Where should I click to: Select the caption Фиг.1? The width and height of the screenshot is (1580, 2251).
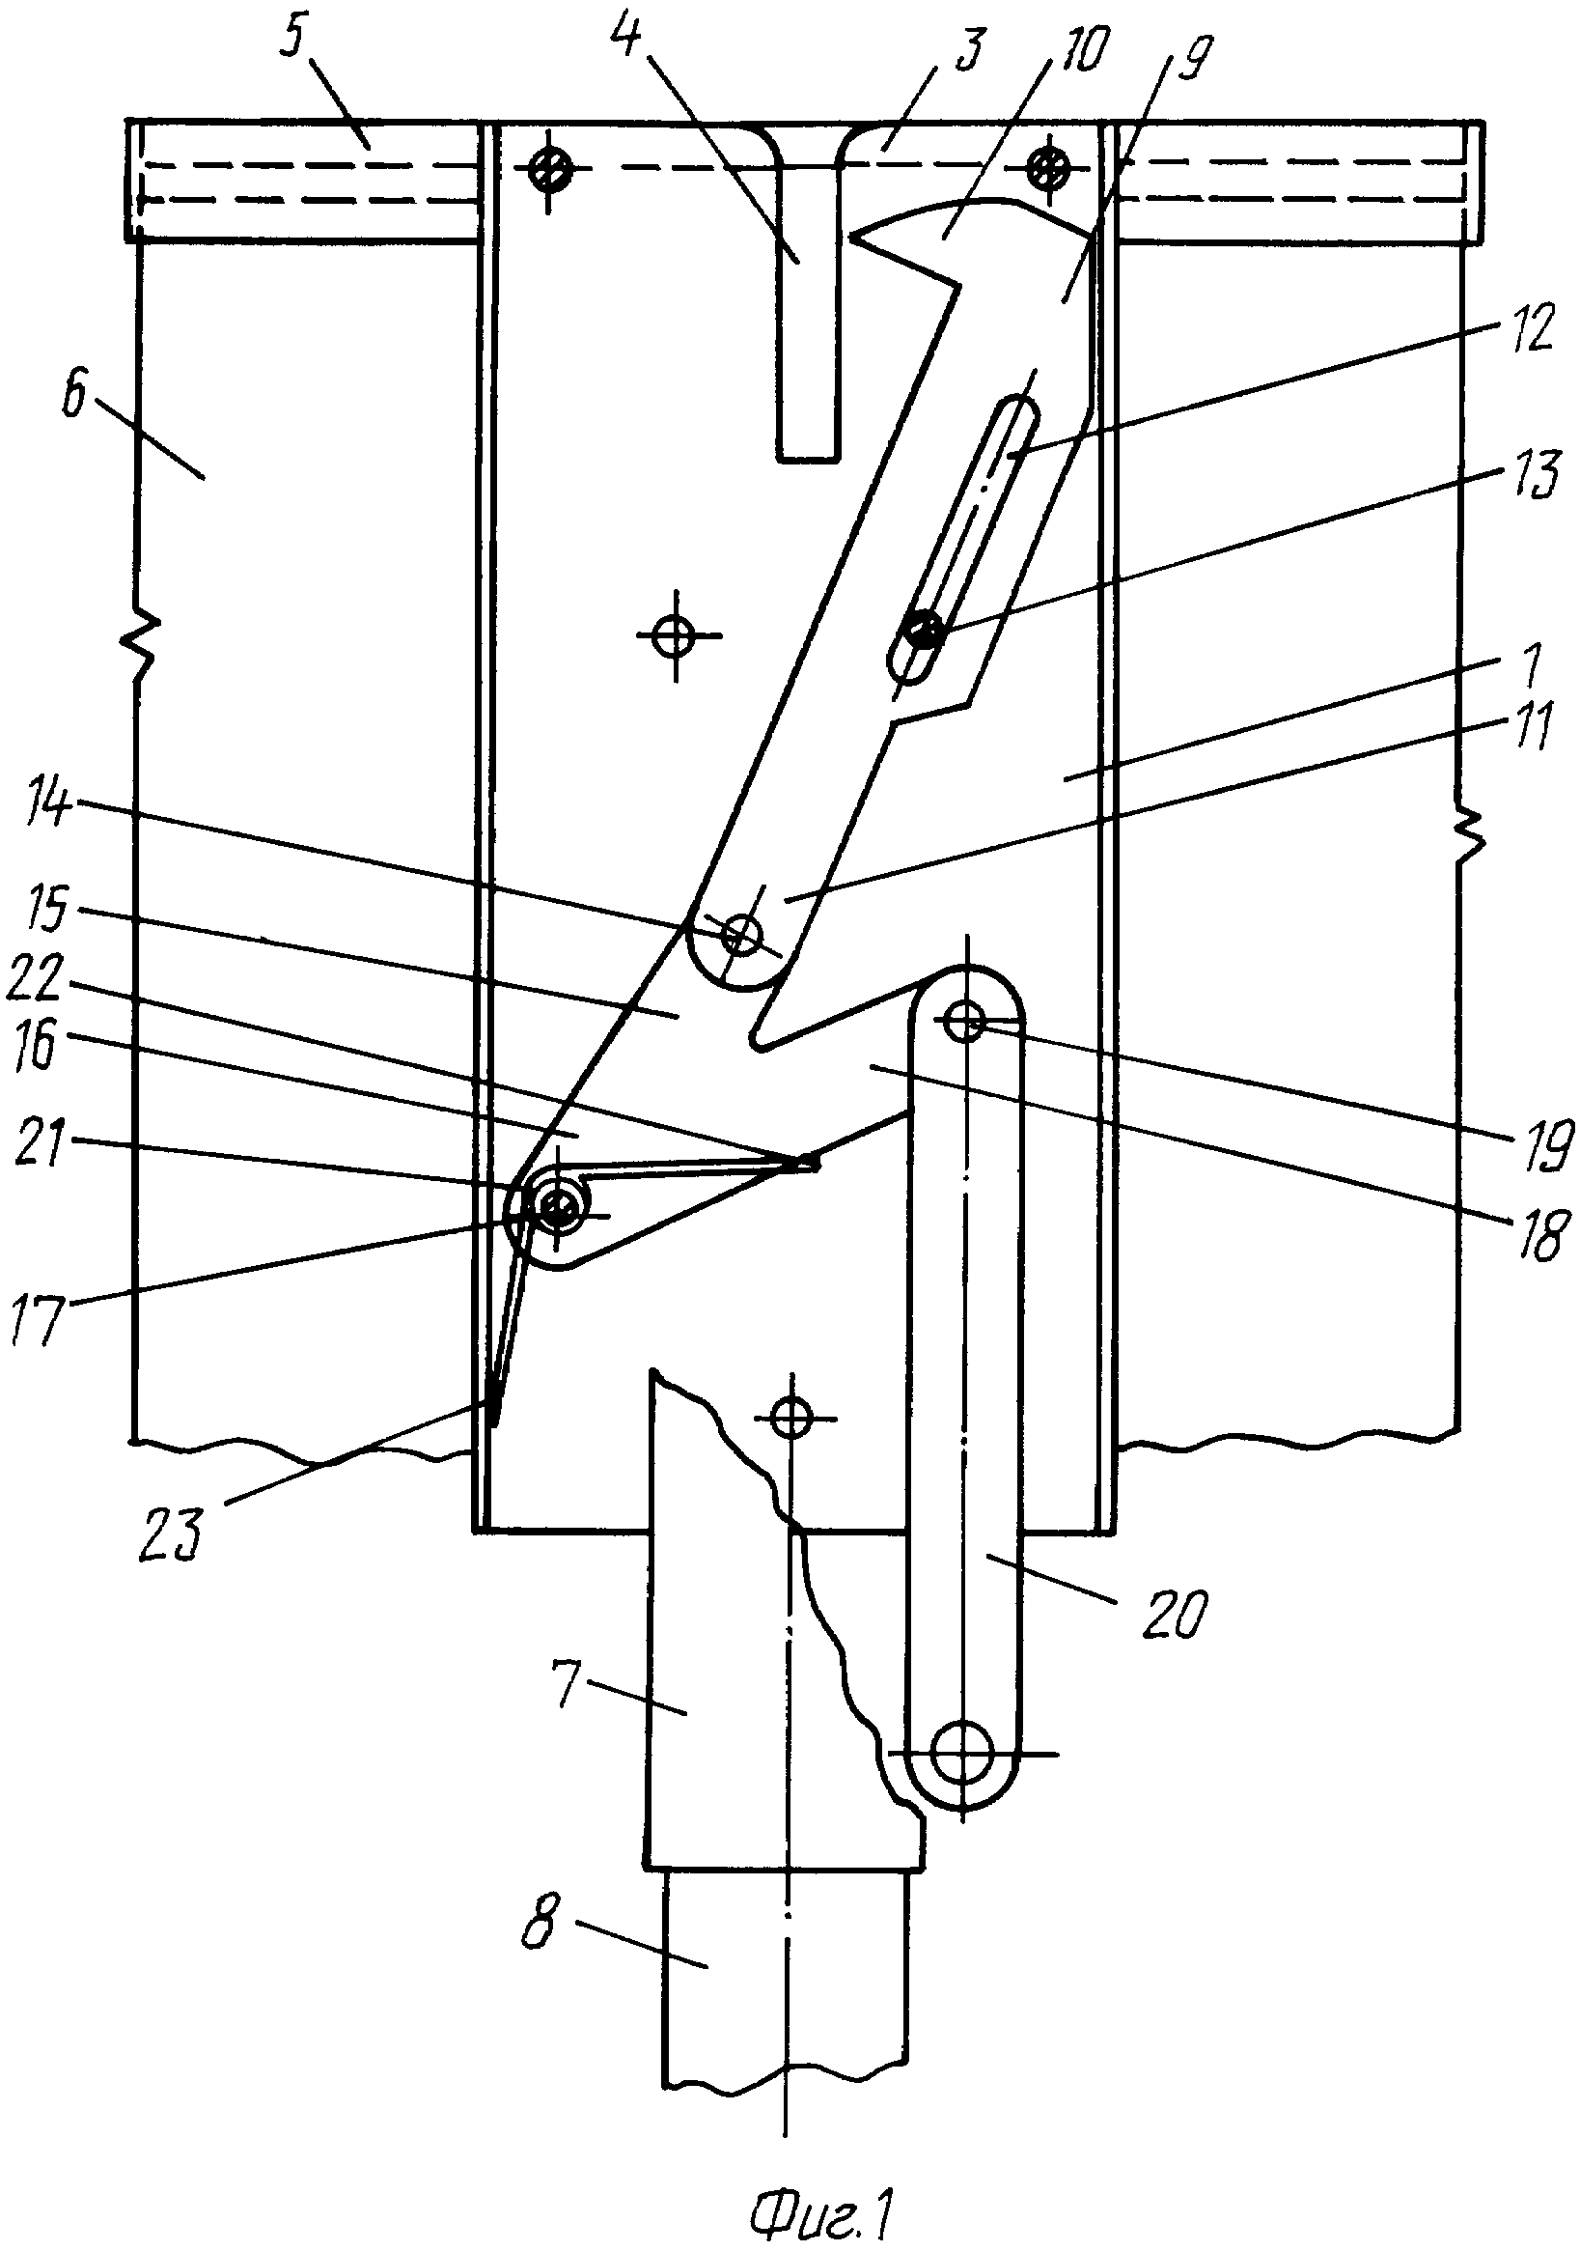tap(821, 2213)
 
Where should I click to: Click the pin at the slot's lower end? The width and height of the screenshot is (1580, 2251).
tap(923, 630)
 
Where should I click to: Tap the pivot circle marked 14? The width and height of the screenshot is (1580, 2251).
tap(741, 937)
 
